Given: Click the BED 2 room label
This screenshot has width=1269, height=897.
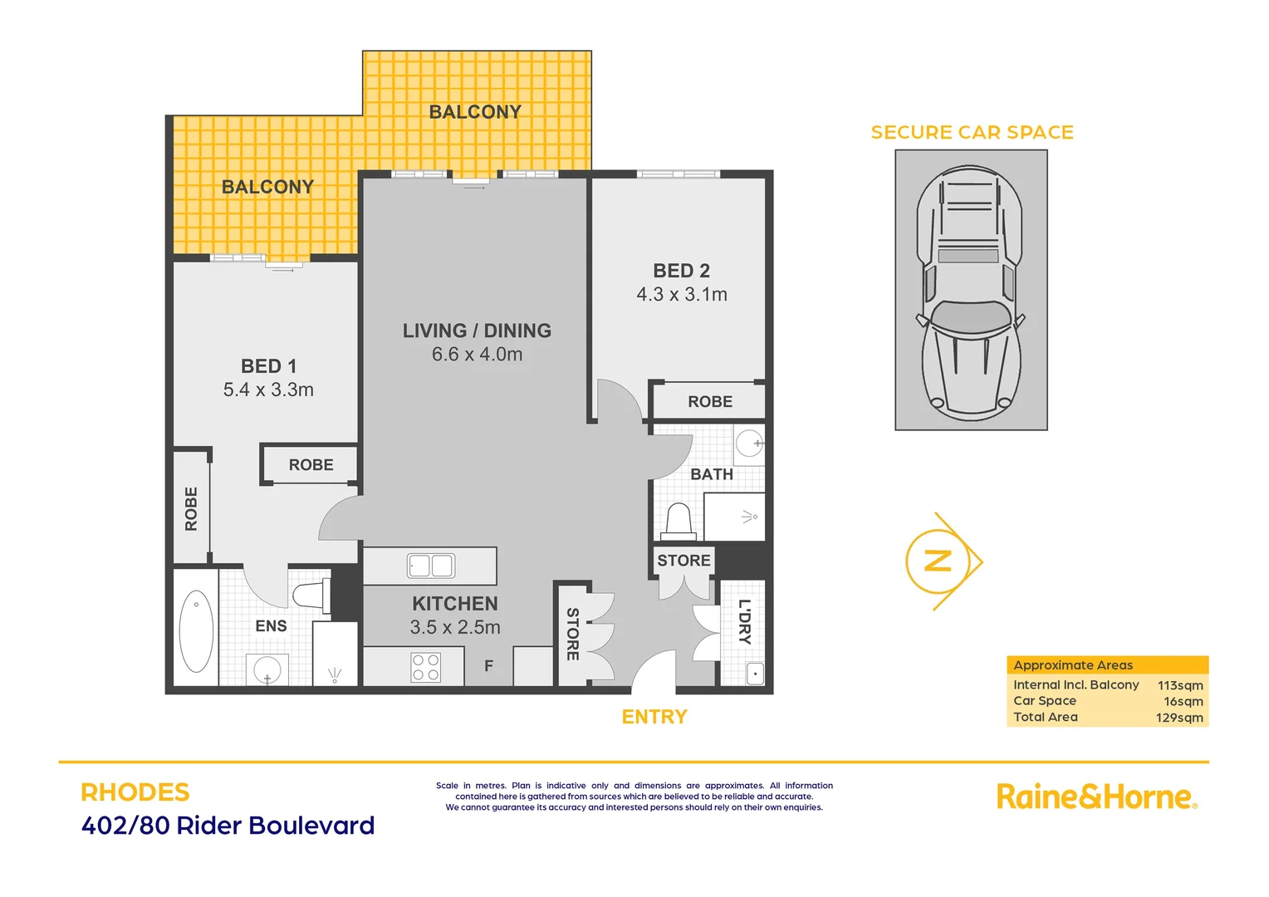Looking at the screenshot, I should [x=681, y=271].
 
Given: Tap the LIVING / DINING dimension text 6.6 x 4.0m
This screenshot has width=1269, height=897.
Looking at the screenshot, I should [x=477, y=355].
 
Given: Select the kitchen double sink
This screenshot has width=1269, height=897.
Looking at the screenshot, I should [x=430, y=566].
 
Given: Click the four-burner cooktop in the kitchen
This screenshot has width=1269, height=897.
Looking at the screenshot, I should [x=426, y=668].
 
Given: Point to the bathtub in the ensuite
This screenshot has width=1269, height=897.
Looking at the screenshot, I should [x=196, y=631].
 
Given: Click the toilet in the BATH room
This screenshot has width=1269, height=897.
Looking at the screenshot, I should [x=679, y=522].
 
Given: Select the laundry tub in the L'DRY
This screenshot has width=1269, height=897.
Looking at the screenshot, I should [x=754, y=674].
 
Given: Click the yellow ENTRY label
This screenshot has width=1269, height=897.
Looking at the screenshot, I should [x=654, y=717].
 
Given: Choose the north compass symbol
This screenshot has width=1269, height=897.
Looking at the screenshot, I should [x=939, y=561].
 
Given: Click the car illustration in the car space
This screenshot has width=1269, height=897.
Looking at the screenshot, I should [x=970, y=291].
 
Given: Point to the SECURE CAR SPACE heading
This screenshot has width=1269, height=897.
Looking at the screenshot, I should [x=972, y=132].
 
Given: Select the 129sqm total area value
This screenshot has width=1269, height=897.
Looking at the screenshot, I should [x=1179, y=718].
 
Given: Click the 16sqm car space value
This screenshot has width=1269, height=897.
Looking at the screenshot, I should [x=1183, y=701].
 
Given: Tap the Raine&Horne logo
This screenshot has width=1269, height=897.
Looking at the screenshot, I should [x=1096, y=797].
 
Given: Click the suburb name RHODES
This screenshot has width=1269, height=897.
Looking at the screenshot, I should [x=135, y=792].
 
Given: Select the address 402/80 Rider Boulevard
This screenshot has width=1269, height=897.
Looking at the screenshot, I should [x=228, y=826].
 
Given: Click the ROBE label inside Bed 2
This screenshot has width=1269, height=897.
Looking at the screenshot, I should [x=710, y=402].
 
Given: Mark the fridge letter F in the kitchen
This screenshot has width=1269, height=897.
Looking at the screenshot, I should [x=488, y=666].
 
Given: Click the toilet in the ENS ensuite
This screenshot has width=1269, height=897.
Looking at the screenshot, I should [x=310, y=596].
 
